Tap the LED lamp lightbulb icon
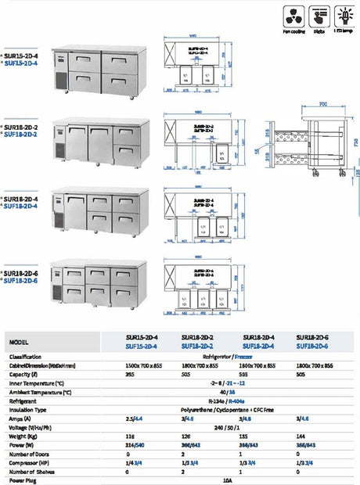[344, 16]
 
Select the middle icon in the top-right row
[319, 16]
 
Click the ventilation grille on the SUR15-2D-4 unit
[61, 81]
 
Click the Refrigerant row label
[25, 401]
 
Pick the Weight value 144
[301, 435]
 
